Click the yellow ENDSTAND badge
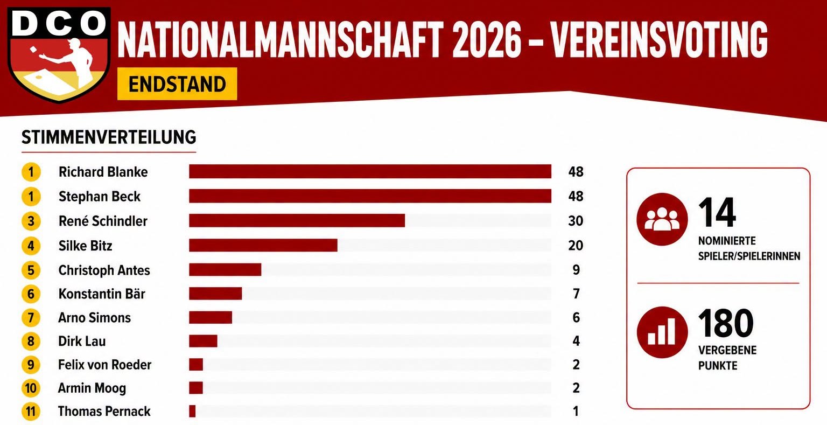click(x=177, y=84)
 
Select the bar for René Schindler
click(x=297, y=220)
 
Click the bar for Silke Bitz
click(x=263, y=245)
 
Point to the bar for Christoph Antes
click(x=225, y=269)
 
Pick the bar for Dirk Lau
click(x=203, y=341)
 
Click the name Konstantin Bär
click(x=102, y=294)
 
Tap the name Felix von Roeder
click(x=105, y=365)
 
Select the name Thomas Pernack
click(x=104, y=412)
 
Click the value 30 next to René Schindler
click(x=576, y=221)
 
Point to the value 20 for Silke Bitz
click(x=576, y=246)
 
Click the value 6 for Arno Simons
click(x=576, y=318)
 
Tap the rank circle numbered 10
click(x=31, y=388)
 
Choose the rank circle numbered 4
click(x=31, y=246)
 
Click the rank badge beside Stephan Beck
click(x=31, y=197)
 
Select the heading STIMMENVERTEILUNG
click(x=109, y=137)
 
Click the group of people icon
click(x=662, y=219)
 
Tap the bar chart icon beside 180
click(x=662, y=332)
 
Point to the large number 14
click(x=717, y=213)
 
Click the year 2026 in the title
click(x=487, y=40)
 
